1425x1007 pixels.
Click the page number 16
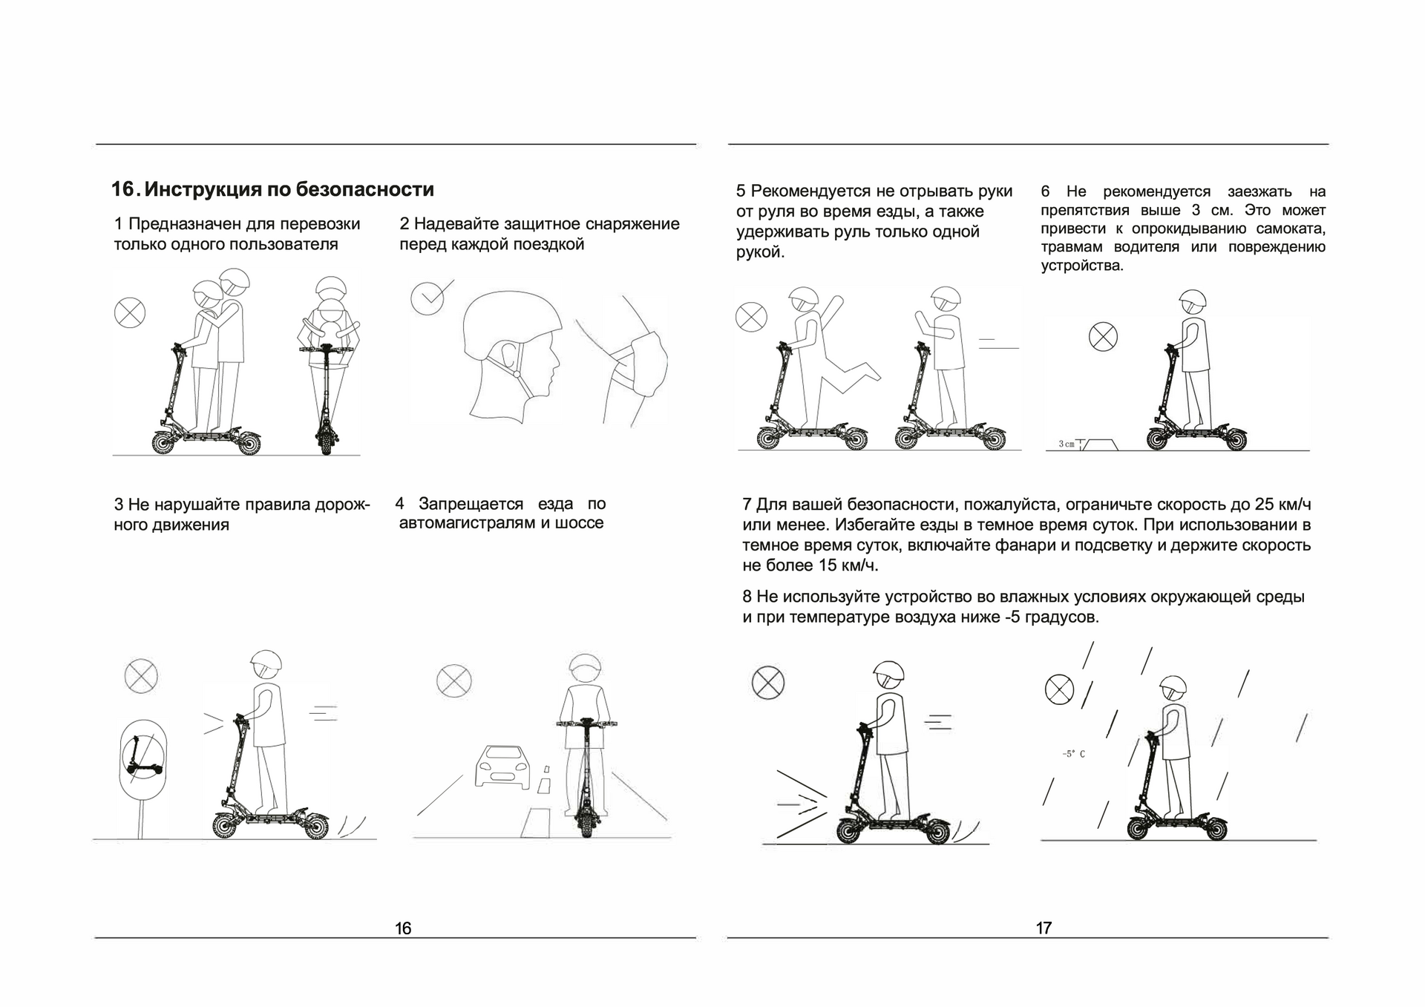(x=403, y=928)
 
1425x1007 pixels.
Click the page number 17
(x=1044, y=928)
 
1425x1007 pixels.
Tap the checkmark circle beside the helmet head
(x=427, y=298)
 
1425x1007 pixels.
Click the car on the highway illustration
(x=503, y=767)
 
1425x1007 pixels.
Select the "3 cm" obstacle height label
(x=1066, y=444)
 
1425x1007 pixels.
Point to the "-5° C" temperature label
(x=1073, y=754)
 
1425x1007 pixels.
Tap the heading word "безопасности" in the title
(x=364, y=190)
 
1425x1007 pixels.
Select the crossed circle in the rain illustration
(x=1059, y=689)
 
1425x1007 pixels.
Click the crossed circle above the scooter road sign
(x=141, y=676)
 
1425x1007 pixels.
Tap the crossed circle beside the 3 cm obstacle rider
(x=1103, y=337)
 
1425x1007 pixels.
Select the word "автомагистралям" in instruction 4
(x=467, y=523)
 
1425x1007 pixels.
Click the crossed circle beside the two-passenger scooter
(x=130, y=312)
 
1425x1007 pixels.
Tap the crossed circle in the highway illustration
(x=453, y=680)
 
